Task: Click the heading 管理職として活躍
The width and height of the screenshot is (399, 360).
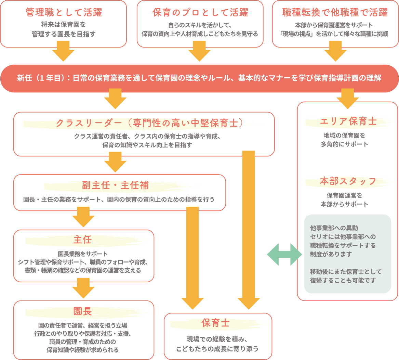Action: [x=64, y=13]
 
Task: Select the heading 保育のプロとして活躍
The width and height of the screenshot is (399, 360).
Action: [x=200, y=13]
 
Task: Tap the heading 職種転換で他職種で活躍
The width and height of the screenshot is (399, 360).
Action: [x=335, y=13]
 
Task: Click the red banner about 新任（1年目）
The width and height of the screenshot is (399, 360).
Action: [x=199, y=78]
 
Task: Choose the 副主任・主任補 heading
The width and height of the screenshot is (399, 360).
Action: [x=115, y=185]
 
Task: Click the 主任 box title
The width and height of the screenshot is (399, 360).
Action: [x=82, y=240]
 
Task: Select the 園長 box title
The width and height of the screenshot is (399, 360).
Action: [x=82, y=311]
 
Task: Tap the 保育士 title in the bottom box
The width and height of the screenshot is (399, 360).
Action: [x=215, y=323]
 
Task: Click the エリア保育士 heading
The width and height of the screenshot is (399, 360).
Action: [x=348, y=121]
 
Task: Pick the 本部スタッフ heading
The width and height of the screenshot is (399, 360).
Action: [x=348, y=181]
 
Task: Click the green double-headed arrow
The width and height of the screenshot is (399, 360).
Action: [x=284, y=255]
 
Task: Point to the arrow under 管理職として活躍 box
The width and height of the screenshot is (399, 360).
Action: [x=63, y=51]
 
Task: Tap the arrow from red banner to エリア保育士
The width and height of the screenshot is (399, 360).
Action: [x=348, y=98]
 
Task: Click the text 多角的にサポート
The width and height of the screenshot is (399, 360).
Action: [x=344, y=144]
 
